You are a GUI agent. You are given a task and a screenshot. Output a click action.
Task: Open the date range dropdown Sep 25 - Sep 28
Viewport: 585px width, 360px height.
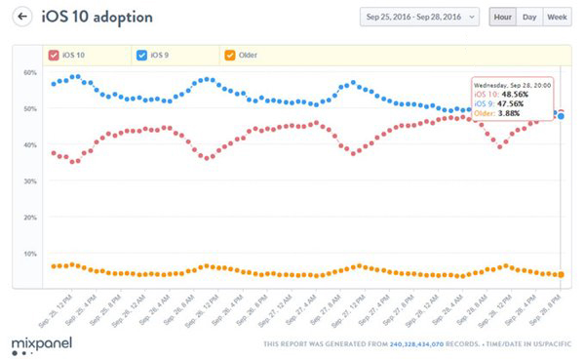[x=419, y=17]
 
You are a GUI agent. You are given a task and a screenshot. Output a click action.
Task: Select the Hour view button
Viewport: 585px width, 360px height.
[x=502, y=17]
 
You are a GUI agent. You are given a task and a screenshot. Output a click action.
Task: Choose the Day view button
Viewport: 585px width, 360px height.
[x=529, y=17]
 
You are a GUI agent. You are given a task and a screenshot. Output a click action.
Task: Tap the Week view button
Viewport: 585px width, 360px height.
[x=558, y=17]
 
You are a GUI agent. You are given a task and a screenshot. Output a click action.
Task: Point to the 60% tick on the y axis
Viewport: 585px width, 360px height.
[x=30, y=73]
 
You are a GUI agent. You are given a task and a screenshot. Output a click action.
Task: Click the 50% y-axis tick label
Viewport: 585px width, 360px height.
[x=30, y=109]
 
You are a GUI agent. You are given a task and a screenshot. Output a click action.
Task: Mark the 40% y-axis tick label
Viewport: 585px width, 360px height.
[x=30, y=145]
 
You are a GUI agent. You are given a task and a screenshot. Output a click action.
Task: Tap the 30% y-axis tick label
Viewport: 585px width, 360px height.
[x=30, y=181]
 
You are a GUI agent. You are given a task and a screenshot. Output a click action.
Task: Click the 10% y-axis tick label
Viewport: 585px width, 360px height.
[x=30, y=254]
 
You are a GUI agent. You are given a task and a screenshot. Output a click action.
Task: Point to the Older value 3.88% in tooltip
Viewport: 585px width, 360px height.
[x=515, y=114]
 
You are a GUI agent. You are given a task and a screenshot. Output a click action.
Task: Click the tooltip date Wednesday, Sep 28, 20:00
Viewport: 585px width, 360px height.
[x=512, y=85]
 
